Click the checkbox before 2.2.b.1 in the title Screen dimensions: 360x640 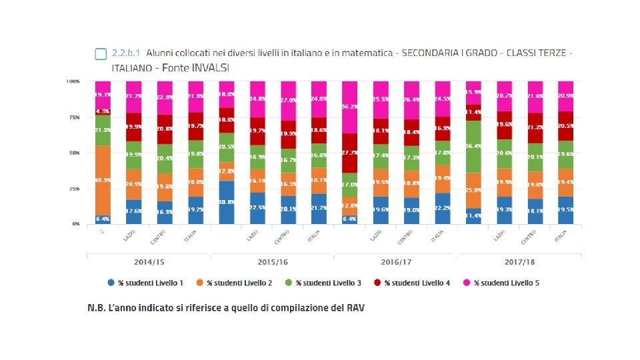(101, 53)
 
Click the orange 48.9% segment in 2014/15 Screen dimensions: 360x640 (103, 180)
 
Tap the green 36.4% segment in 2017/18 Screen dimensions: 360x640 (474, 147)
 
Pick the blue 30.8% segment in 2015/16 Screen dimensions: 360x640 (227, 202)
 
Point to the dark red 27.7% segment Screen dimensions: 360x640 (351, 153)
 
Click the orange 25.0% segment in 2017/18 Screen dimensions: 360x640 (474, 190)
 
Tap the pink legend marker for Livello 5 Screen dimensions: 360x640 (468, 283)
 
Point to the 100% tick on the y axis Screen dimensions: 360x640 (73, 81)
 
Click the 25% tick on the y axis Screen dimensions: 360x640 (75, 189)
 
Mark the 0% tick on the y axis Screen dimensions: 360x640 (76, 224)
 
